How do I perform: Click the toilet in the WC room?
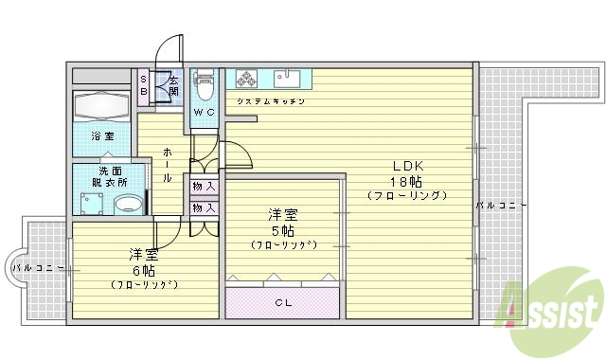(x=205, y=86)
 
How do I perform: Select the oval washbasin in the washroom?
(x=127, y=205)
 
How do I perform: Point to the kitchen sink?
(x=287, y=79)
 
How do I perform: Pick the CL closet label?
(x=282, y=303)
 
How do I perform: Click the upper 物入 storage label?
(x=204, y=187)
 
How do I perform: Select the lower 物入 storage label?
(x=204, y=207)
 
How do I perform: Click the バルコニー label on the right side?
(x=501, y=205)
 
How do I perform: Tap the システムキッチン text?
(x=270, y=100)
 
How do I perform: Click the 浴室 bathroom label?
(x=101, y=136)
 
